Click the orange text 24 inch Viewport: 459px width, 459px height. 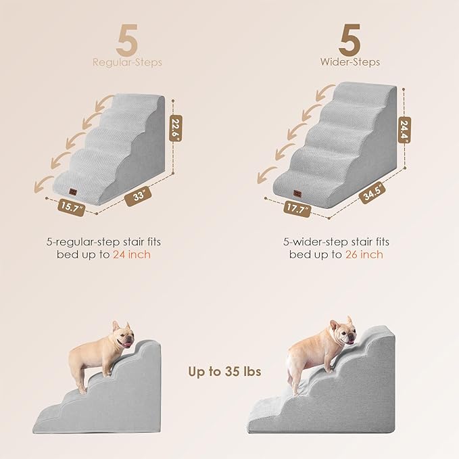point(133,254)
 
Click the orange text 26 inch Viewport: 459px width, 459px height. point(365,254)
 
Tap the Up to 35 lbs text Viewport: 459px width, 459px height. point(224,371)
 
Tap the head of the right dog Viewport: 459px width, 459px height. point(341,333)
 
